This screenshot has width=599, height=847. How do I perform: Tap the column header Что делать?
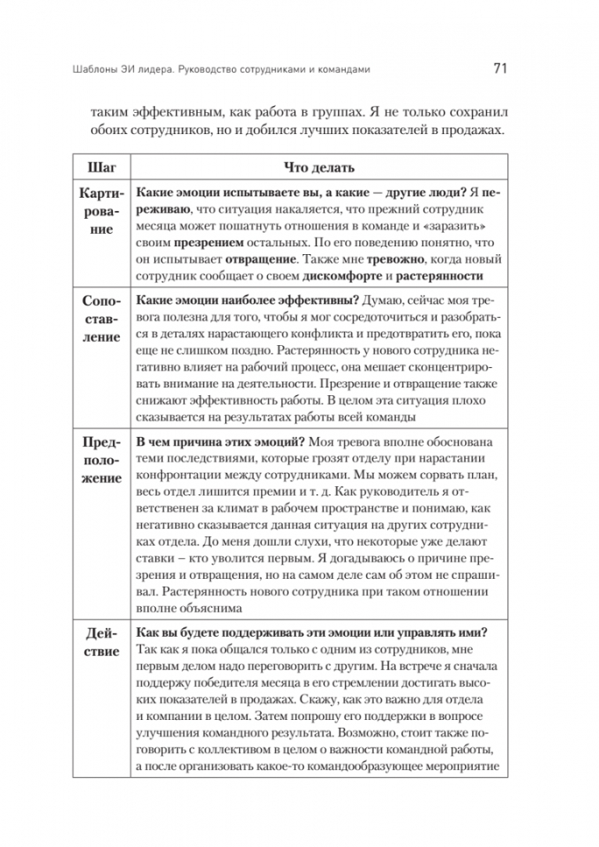click(x=318, y=168)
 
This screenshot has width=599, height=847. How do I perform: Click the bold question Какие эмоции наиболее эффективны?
click(x=247, y=301)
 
